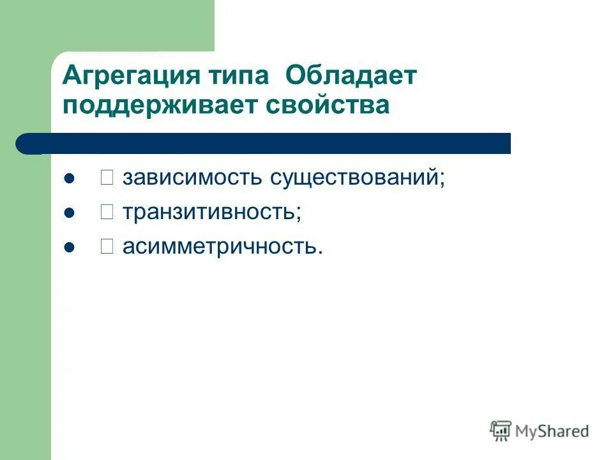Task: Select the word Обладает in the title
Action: tap(351, 77)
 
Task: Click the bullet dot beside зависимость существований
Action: tap(70, 178)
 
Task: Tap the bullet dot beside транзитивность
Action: tap(70, 212)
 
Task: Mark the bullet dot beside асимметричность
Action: tap(70, 246)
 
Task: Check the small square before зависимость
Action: tap(107, 178)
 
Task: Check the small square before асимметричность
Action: tap(107, 246)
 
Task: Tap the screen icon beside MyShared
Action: tap(501, 430)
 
